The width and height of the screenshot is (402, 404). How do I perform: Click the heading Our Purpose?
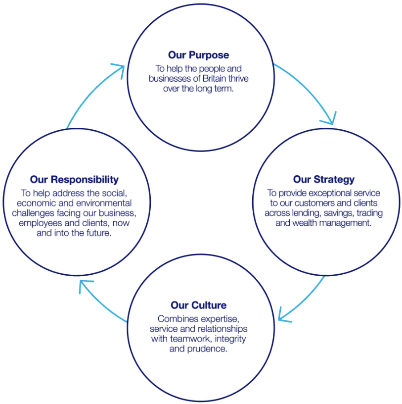click(198, 54)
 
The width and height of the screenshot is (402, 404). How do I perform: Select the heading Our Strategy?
click(323, 179)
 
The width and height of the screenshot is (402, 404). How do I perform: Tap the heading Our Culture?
click(198, 305)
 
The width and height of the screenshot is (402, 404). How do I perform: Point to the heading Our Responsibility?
click(74, 179)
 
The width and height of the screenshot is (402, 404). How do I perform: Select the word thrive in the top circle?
click(248, 78)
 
